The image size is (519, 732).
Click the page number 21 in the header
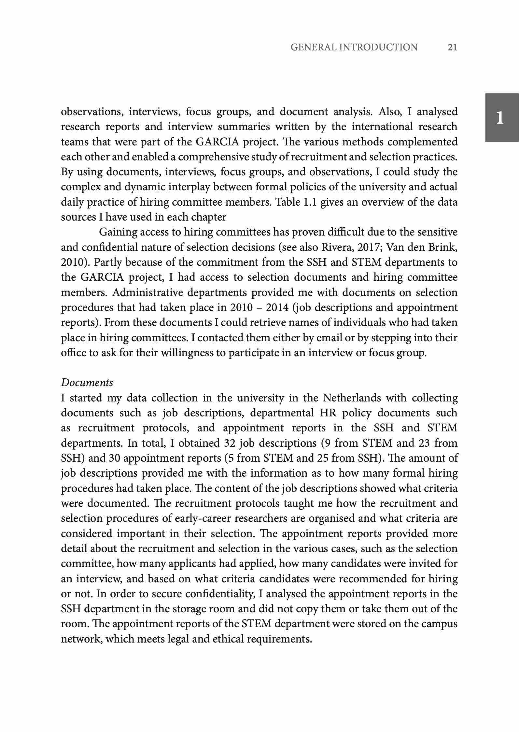click(x=452, y=47)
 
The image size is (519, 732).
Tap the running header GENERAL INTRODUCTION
click(x=354, y=47)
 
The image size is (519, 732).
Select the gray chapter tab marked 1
click(x=501, y=117)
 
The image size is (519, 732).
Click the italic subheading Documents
click(x=87, y=383)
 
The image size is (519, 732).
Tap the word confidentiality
click(x=220, y=594)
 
